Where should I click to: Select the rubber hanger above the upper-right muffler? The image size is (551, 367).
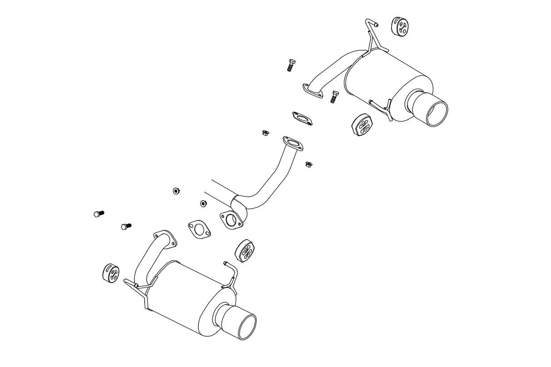pos(398,26)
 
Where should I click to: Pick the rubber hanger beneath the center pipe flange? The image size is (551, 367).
pos(246,250)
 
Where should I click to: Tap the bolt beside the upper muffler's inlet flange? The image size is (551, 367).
pos(335,96)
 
